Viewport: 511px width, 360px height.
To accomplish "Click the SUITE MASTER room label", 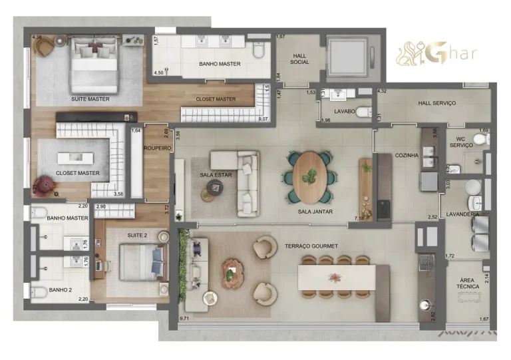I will click(90, 99).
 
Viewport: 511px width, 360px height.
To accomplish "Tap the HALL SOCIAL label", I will click(300, 58).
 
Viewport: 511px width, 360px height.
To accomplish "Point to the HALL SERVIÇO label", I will click(436, 103).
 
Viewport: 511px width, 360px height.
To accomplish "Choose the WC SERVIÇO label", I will click(460, 142).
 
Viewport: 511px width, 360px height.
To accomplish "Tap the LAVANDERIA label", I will click(464, 214).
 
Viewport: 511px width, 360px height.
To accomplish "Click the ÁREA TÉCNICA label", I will click(468, 283).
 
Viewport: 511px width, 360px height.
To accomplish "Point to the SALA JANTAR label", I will click(315, 212).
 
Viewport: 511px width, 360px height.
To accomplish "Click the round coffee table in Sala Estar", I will click(215, 189).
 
